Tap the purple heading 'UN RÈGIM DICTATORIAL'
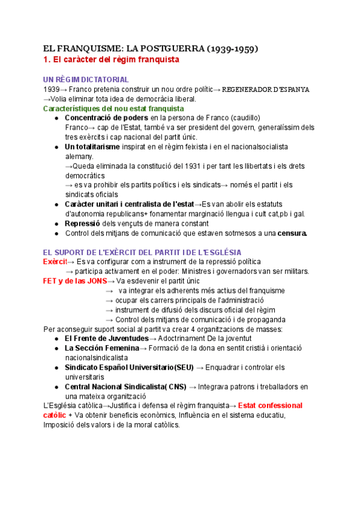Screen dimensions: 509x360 pos(86,79)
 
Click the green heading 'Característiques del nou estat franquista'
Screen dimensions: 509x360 pos(113,109)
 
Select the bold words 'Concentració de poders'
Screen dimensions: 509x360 pos(106,118)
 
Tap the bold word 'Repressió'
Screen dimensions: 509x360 pos(86,223)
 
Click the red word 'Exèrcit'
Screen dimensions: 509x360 pos(55,262)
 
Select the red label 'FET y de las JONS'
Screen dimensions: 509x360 pos(74,281)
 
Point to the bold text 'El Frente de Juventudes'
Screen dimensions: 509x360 pos(106,339)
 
